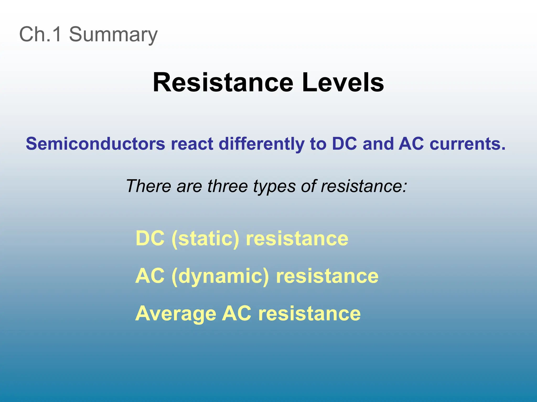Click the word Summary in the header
tap(113, 35)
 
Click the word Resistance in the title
tap(223, 82)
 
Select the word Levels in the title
tap(343, 82)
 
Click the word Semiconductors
tap(95, 144)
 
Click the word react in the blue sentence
tap(192, 144)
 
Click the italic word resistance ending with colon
tap(364, 186)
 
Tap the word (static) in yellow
tap(205, 239)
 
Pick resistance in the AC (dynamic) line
tap(327, 276)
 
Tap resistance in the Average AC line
tap(309, 314)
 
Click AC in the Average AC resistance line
tap(237, 313)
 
